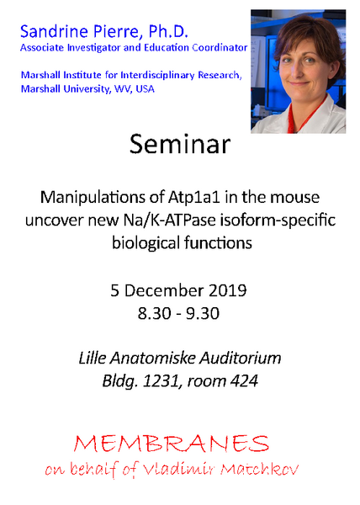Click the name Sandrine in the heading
click(x=54, y=32)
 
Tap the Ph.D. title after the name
click(x=168, y=32)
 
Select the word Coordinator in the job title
click(x=220, y=48)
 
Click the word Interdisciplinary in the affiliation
click(x=157, y=76)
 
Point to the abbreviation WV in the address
click(x=122, y=89)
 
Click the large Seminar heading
click(x=180, y=144)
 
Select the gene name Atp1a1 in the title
click(x=194, y=197)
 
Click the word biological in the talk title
click(x=146, y=243)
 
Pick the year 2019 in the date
click(x=228, y=290)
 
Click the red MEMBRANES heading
click(x=171, y=444)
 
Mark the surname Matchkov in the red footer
click(x=259, y=470)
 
